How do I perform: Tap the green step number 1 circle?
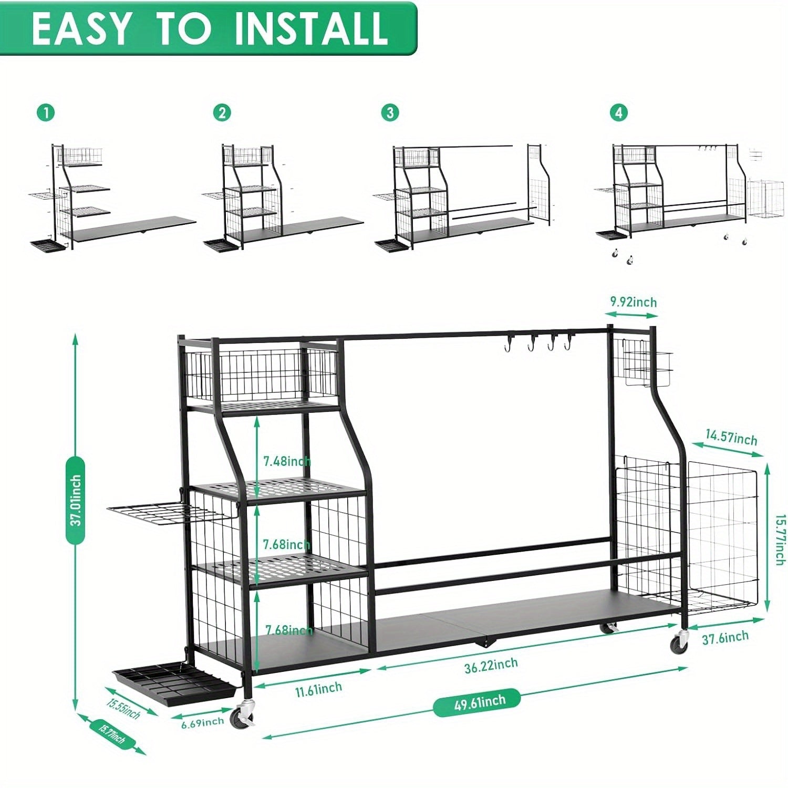click(46, 112)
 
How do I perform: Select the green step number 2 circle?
click(222, 112)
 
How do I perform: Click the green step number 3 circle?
click(390, 112)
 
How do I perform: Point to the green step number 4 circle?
click(619, 112)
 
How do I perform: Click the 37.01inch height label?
click(76, 500)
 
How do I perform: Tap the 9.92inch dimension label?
click(633, 302)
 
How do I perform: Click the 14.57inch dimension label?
click(731, 437)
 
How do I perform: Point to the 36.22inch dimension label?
click(491, 665)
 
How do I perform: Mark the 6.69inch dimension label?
click(202, 723)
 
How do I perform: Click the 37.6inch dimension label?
click(725, 638)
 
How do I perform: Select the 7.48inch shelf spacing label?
click(287, 461)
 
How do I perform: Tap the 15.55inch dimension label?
click(123, 709)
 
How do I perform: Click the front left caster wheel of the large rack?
click(245, 715)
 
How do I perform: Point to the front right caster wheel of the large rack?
click(679, 642)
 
